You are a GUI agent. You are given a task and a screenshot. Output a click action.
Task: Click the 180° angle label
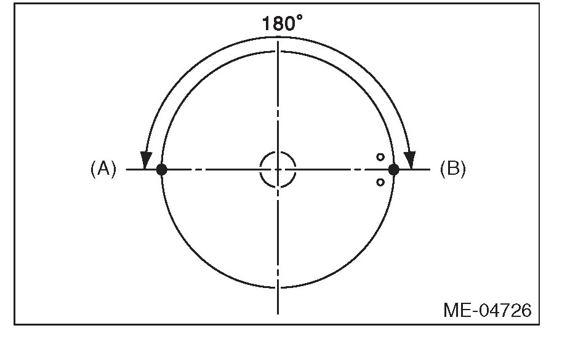pyautogui.click(x=282, y=23)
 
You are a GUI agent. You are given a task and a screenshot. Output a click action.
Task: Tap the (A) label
pyautogui.click(x=103, y=169)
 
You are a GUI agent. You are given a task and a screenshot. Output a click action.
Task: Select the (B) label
pyautogui.click(x=452, y=169)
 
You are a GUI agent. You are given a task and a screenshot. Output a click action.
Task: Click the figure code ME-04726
pyautogui.click(x=487, y=310)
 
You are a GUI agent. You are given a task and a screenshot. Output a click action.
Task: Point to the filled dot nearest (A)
pyautogui.click(x=162, y=169)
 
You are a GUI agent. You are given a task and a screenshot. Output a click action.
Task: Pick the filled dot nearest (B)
pyautogui.click(x=393, y=169)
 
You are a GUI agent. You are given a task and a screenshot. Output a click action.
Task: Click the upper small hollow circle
pyautogui.click(x=380, y=157)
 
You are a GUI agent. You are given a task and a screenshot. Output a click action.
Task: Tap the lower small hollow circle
pyautogui.click(x=380, y=183)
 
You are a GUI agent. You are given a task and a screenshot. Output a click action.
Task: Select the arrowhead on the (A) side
pyautogui.click(x=146, y=160)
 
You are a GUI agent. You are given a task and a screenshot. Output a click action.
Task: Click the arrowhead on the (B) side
pyautogui.click(x=410, y=160)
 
